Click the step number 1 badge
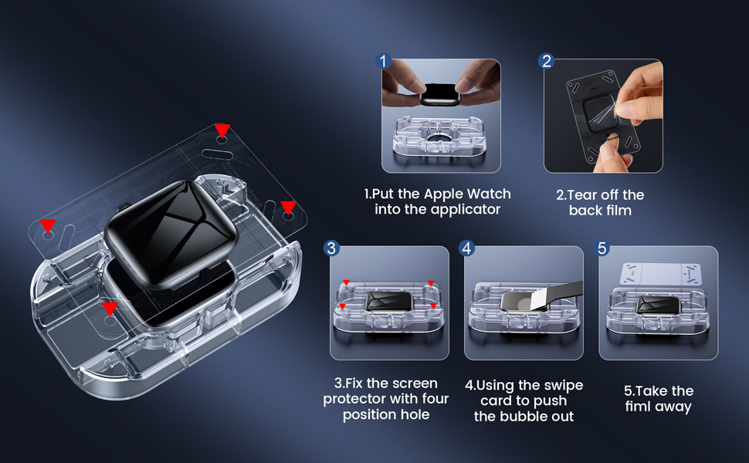point(383,61)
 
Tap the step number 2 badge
point(546,61)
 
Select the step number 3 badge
point(331,248)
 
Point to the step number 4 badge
point(466,248)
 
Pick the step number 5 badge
point(602,248)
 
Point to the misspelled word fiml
point(637,406)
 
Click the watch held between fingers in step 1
point(440,94)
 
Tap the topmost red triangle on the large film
point(222,130)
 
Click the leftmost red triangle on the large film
point(48,225)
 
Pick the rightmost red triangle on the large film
point(288,207)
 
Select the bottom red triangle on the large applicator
point(110,309)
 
